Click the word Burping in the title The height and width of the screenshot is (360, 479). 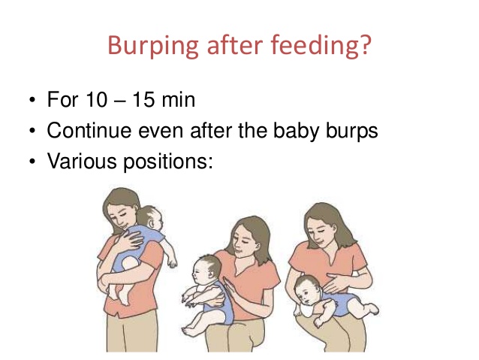point(153,47)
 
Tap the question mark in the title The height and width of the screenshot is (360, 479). point(365,44)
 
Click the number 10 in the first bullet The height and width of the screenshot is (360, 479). point(97,99)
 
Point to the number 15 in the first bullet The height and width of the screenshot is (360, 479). point(143,99)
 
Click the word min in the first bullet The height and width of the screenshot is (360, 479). point(179,100)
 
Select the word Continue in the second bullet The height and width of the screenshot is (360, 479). point(89,130)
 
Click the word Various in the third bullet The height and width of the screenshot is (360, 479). point(82,161)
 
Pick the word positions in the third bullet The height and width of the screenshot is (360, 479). point(168,162)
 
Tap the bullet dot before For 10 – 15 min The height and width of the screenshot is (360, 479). point(32,100)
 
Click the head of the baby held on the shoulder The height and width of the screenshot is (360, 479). point(150,217)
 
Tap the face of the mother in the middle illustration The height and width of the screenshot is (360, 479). point(245,242)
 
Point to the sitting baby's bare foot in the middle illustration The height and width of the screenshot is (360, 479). point(190,331)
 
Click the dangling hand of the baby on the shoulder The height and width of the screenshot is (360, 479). point(172,262)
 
